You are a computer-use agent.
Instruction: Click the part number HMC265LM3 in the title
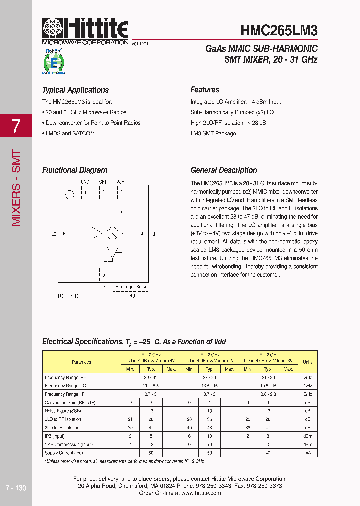pos(279,30)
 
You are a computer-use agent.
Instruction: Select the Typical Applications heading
pos(75,90)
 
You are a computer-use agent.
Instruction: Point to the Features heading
pos(205,90)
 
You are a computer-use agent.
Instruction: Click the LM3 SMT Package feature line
pos(213,133)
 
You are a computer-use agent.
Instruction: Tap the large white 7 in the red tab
pos(16,126)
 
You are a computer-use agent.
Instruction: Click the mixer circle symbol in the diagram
pos(113,233)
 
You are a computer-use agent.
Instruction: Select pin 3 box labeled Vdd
pos(120,192)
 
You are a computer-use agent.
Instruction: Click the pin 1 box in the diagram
pos(86,192)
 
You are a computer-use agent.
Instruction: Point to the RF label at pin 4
pos(154,233)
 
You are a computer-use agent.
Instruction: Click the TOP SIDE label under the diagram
pos(69,296)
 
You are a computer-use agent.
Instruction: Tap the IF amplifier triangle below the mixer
pos(113,252)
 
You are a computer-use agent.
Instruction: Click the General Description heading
pos(224,170)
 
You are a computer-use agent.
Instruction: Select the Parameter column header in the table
pos(82,362)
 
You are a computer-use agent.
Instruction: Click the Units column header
pos(307,362)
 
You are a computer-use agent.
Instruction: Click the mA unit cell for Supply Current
pos(307,453)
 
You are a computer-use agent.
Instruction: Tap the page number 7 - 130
pos(15,488)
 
